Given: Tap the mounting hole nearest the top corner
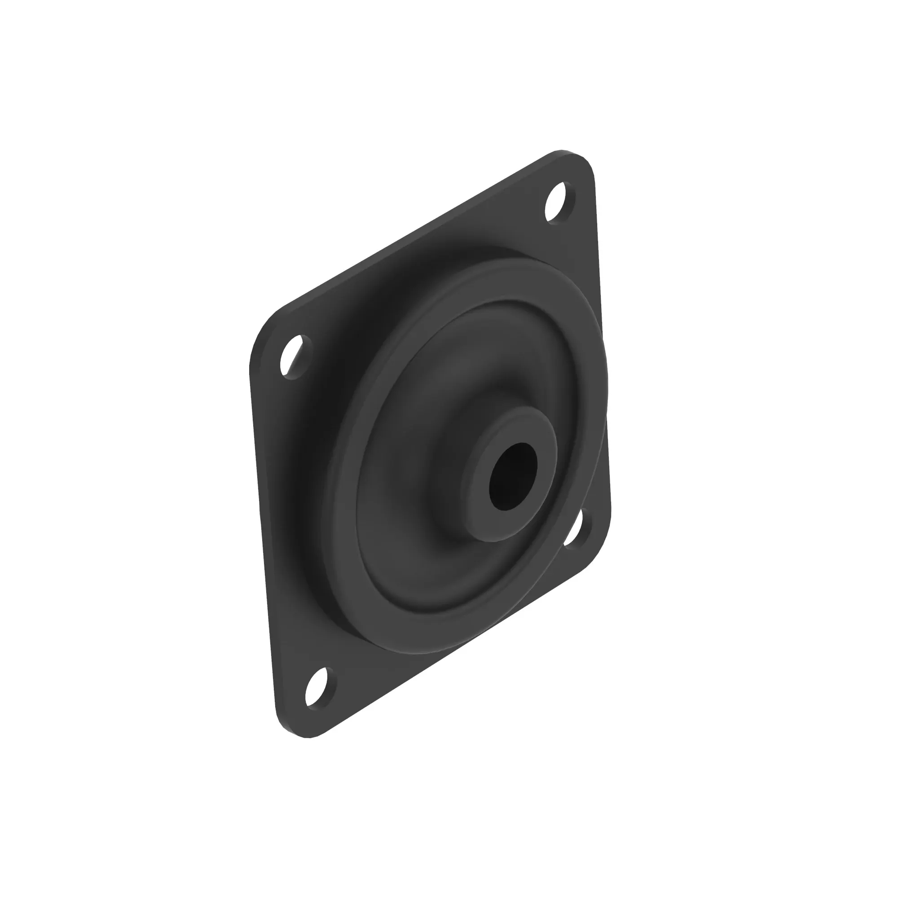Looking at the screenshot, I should [560, 203].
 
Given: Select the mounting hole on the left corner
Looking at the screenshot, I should [295, 357].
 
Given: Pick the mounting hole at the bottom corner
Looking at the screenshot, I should [320, 701].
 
